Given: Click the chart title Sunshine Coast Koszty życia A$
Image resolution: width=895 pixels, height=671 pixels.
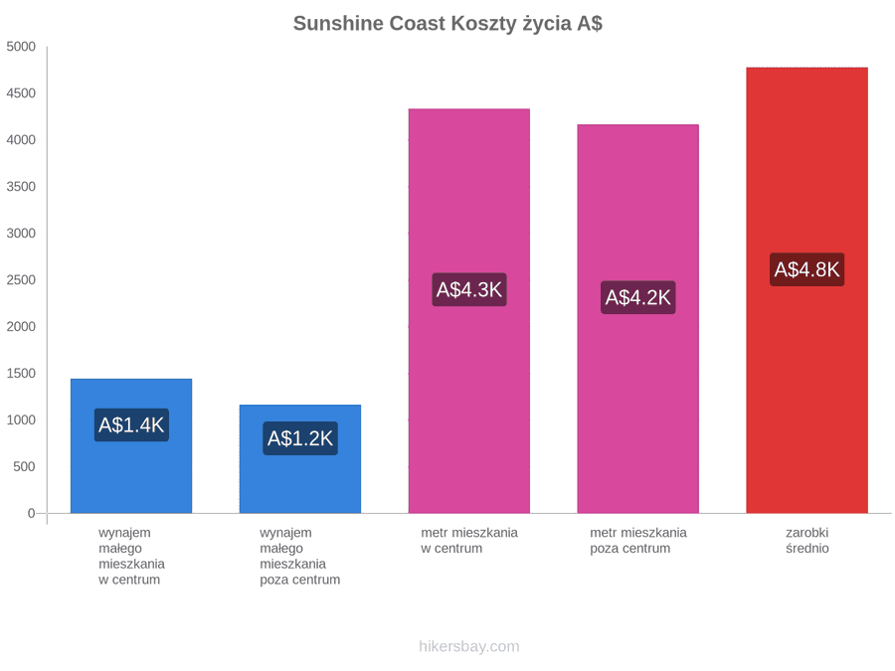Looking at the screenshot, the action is [447, 24].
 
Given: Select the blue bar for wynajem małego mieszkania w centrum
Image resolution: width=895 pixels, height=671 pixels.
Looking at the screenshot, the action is [131, 445].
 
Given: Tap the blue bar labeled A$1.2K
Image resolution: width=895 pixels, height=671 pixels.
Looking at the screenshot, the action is [300, 458].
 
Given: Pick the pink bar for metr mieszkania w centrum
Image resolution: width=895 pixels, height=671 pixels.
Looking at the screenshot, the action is [469, 311].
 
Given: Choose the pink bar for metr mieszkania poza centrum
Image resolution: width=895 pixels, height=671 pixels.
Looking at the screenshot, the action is [638, 318].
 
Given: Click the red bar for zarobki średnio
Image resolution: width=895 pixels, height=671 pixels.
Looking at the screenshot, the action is [807, 290].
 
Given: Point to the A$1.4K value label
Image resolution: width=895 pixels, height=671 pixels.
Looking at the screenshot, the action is [131, 425].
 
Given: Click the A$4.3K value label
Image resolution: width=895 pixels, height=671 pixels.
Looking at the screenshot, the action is [469, 290].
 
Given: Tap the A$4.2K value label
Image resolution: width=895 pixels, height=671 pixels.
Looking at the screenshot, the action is [638, 297].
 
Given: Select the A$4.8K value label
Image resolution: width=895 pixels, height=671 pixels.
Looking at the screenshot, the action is [807, 269].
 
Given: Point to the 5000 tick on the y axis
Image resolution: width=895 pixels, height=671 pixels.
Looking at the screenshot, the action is [21, 46].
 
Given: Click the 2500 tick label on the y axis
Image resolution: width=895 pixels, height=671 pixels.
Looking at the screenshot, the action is [21, 279].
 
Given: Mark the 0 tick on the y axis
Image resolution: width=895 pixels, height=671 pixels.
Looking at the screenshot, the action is [32, 513].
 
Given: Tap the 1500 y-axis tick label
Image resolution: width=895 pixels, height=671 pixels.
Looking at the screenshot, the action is [21, 373].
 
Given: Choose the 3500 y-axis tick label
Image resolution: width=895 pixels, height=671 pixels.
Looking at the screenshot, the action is [21, 187].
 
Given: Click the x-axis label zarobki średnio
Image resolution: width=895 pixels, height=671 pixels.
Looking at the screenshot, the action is [807, 541].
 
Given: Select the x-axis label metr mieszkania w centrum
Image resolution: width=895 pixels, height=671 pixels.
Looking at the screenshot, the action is [469, 541].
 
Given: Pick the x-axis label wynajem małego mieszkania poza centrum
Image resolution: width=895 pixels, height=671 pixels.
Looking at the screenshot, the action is [300, 557].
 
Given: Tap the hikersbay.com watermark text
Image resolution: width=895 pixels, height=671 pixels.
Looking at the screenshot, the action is [469, 646].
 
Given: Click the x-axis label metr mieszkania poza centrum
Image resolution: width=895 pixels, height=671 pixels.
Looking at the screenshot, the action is [638, 541].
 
